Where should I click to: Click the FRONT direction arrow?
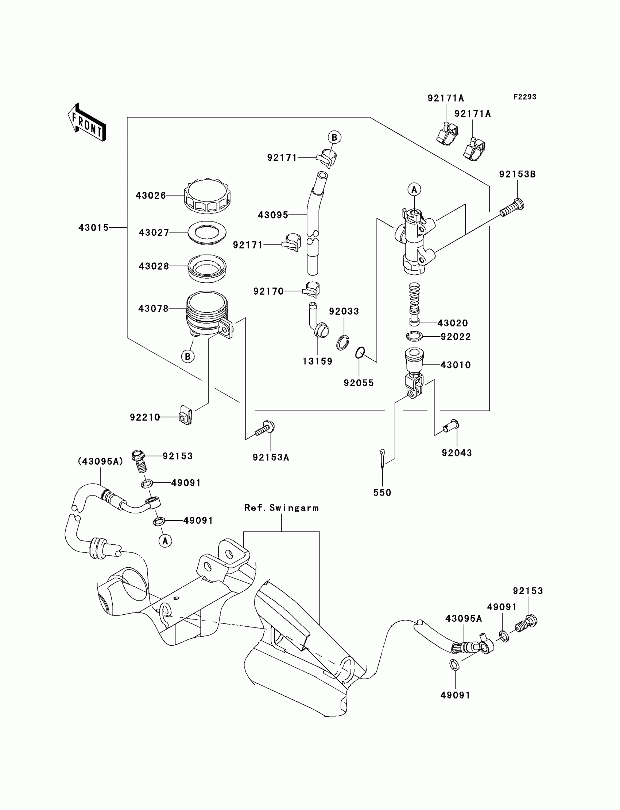[87, 122]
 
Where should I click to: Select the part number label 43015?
[94, 227]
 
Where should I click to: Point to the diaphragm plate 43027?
[207, 232]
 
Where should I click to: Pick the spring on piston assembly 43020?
[415, 294]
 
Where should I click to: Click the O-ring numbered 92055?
[360, 352]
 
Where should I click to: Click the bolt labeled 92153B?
[512, 207]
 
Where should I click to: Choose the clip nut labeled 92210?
[186, 415]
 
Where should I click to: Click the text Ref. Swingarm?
[282, 508]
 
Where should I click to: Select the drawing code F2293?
[525, 97]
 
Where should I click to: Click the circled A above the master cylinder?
[414, 189]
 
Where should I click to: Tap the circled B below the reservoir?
[188, 356]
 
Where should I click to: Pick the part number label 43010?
[456, 365]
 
